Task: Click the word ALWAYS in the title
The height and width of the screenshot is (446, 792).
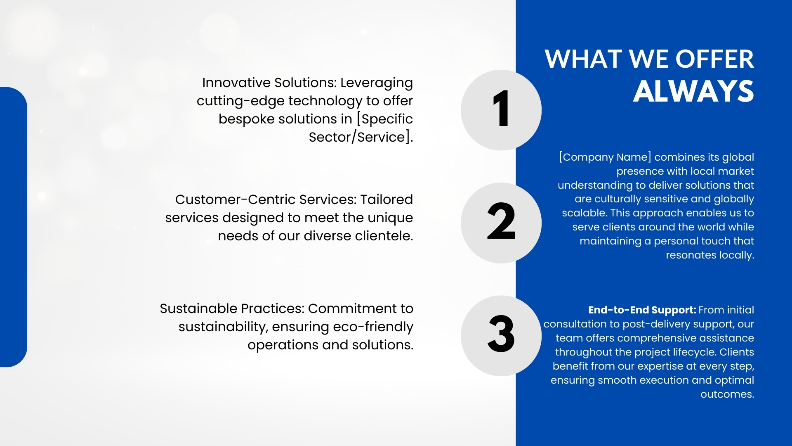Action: coord(693,91)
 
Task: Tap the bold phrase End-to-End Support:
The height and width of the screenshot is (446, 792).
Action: coord(642,310)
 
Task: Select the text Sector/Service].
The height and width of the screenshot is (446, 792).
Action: coord(361,137)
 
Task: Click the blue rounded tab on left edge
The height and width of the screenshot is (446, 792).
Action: coord(13,227)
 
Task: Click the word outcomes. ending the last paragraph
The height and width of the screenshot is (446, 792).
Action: coord(727,394)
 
